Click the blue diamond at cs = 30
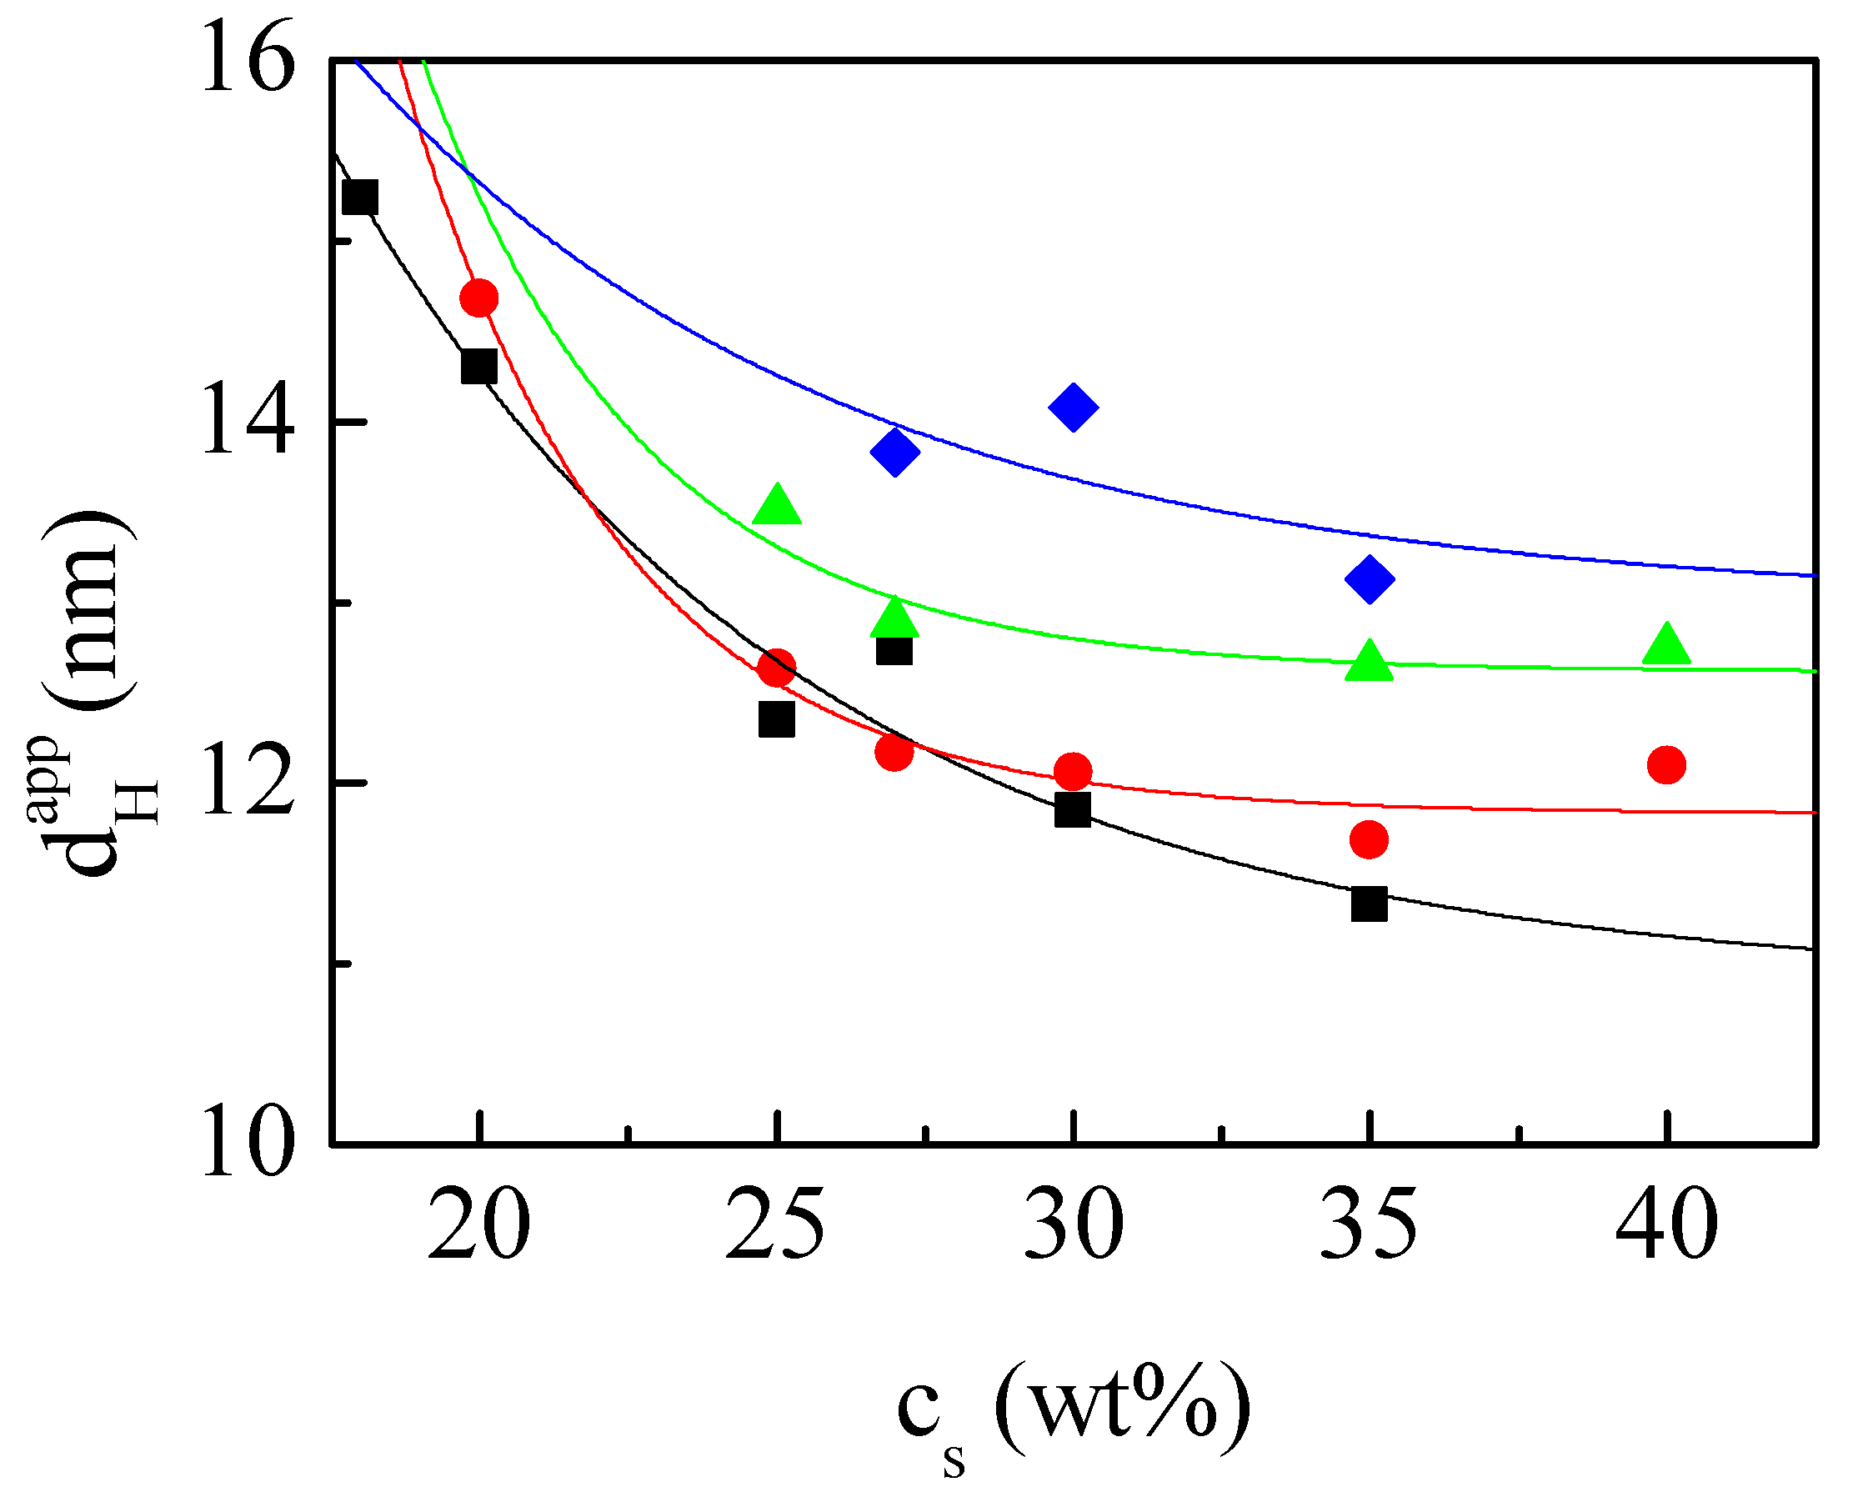(x=1073, y=407)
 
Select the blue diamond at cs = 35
(x=1370, y=578)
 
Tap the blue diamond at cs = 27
(x=895, y=451)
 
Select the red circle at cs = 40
(x=1666, y=765)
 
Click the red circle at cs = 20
(x=479, y=298)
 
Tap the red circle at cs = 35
(x=1370, y=839)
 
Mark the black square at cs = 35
(x=1370, y=904)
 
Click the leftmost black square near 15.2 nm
(x=359, y=198)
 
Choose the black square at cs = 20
(x=479, y=367)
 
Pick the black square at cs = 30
(x=1073, y=809)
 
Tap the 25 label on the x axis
(x=775, y=1225)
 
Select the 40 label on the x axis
(x=1666, y=1225)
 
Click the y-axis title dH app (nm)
(x=95, y=690)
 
